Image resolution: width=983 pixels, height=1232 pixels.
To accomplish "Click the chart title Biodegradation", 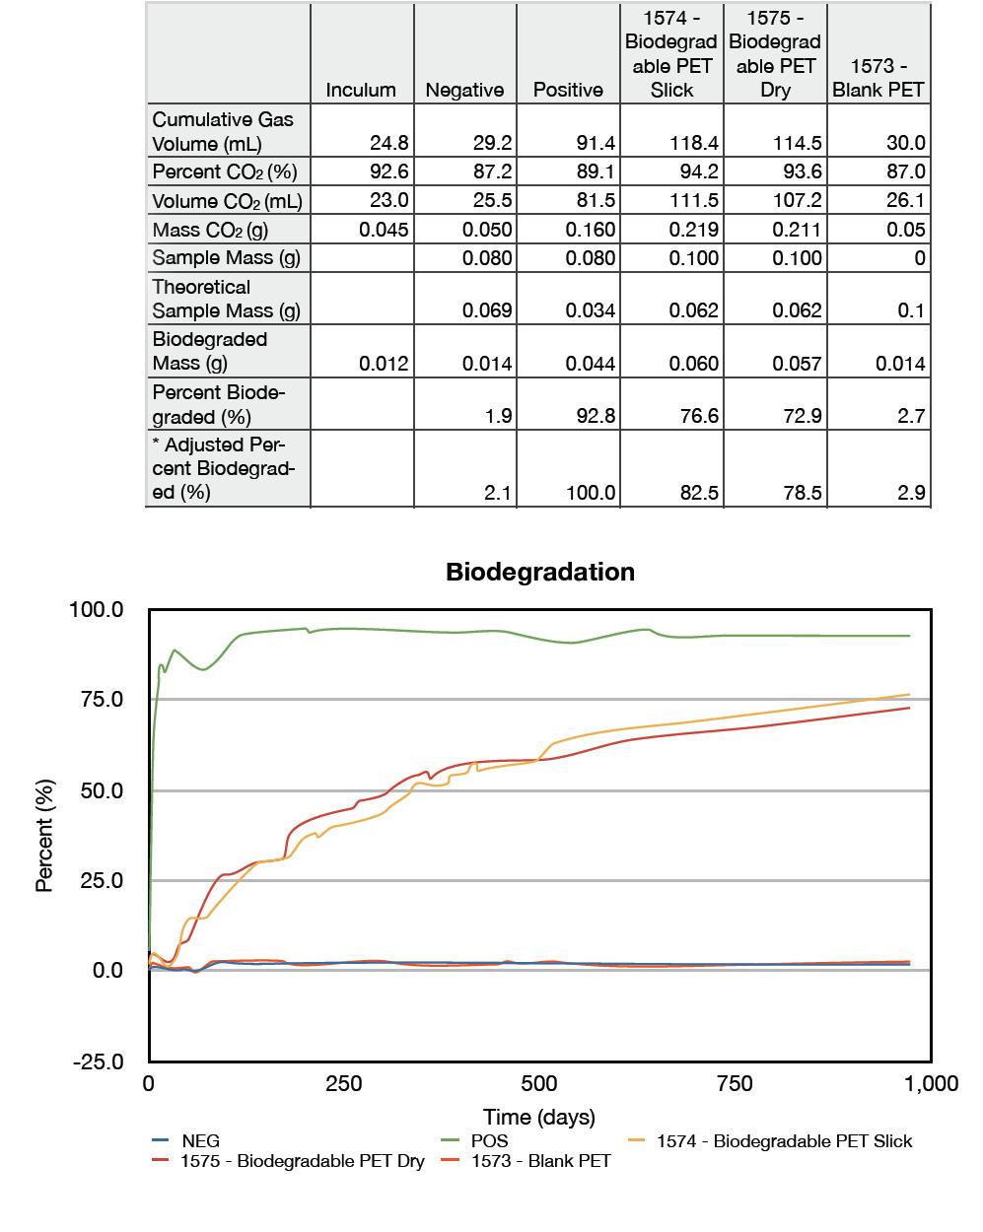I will tap(540, 573).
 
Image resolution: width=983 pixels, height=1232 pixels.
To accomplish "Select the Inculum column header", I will tap(361, 90).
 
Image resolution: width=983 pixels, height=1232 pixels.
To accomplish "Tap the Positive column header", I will tap(568, 90).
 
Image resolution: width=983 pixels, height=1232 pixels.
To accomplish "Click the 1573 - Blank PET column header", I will tap(878, 78).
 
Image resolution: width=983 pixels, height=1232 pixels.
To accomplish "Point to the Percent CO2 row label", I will tap(224, 171).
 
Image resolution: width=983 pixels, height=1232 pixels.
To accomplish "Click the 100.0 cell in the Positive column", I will tap(591, 492).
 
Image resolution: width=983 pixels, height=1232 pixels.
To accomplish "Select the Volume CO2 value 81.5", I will tap(596, 201).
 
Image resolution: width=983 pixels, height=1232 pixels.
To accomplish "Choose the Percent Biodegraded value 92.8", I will tap(596, 416).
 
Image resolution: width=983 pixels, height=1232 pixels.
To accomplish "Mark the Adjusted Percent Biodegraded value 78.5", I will tap(802, 492).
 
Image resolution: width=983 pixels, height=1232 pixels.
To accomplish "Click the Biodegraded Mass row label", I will tap(209, 351).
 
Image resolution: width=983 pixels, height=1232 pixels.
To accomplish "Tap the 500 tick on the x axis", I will tap(539, 1084).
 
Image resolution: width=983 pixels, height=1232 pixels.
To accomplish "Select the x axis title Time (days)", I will tap(539, 1117).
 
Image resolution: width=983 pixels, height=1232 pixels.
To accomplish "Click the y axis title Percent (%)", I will tap(44, 836).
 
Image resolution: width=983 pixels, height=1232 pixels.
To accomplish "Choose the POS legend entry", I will tap(489, 1141).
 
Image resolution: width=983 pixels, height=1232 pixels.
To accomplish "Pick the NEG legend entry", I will tap(200, 1141).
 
